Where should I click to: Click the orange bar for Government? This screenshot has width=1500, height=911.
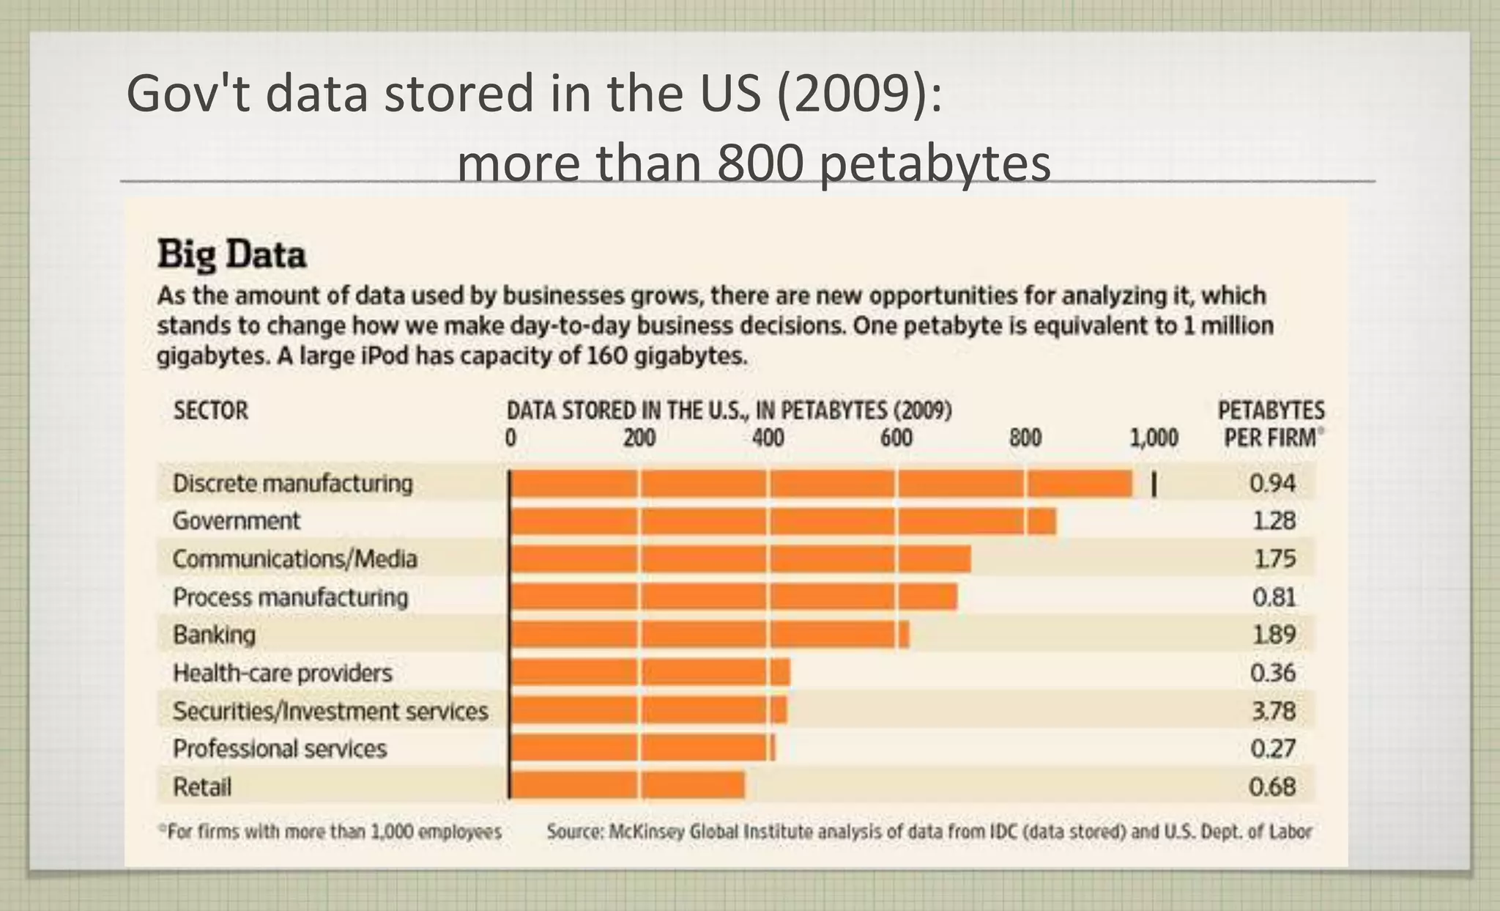click(782, 521)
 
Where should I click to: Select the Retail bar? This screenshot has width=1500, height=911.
click(627, 786)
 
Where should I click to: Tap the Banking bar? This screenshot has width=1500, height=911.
click(709, 635)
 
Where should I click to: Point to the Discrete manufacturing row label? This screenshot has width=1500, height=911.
click(292, 484)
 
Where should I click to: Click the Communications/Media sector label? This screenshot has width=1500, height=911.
click(294, 559)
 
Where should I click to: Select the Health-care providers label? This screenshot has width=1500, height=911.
click(282, 673)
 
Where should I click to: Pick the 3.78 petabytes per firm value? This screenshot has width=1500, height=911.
click(1273, 711)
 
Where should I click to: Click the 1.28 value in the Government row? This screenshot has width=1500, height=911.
click(1274, 521)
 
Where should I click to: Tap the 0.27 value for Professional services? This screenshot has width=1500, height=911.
click(1273, 749)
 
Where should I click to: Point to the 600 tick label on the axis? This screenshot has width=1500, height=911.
click(896, 438)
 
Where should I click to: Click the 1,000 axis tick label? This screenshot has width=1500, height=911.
click(1154, 438)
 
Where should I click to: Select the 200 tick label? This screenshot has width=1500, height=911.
click(639, 438)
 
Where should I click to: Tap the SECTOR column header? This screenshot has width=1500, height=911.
click(211, 410)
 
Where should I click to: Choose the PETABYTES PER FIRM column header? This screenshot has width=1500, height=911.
click(1271, 424)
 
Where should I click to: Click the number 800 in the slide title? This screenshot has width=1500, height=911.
click(760, 164)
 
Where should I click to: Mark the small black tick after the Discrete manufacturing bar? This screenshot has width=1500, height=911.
click(1154, 484)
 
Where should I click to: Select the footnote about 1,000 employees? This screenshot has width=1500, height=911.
click(331, 832)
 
